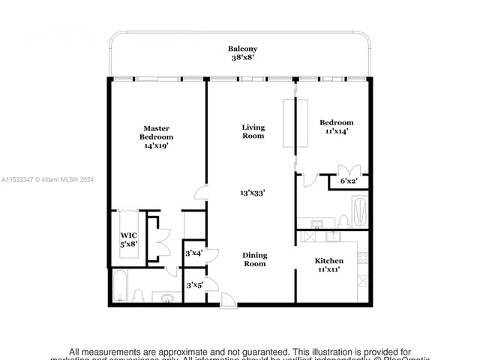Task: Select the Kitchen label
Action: [x=328, y=260]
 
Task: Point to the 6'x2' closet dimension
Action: [x=349, y=181]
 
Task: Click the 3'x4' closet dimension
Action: [x=193, y=253]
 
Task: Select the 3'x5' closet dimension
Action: [x=193, y=285]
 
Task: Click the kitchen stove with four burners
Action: [x=362, y=258]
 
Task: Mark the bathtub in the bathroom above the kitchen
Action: [x=359, y=211]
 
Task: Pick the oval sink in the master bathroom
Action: [x=166, y=298]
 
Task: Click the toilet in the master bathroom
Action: [x=139, y=295]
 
